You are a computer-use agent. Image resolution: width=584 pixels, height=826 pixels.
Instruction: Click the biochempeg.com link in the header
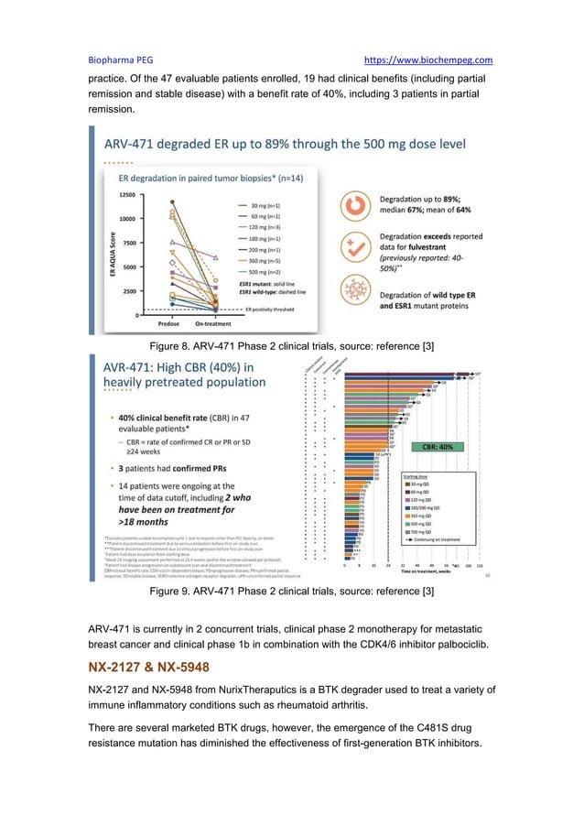coord(428,60)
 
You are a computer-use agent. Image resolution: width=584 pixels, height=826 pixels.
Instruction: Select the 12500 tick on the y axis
coord(123,195)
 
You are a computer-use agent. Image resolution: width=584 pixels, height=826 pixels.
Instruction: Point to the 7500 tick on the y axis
coord(124,243)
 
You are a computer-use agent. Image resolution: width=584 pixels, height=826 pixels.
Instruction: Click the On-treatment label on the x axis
coord(216,322)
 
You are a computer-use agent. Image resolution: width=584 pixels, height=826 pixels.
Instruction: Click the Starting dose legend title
coord(420,476)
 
